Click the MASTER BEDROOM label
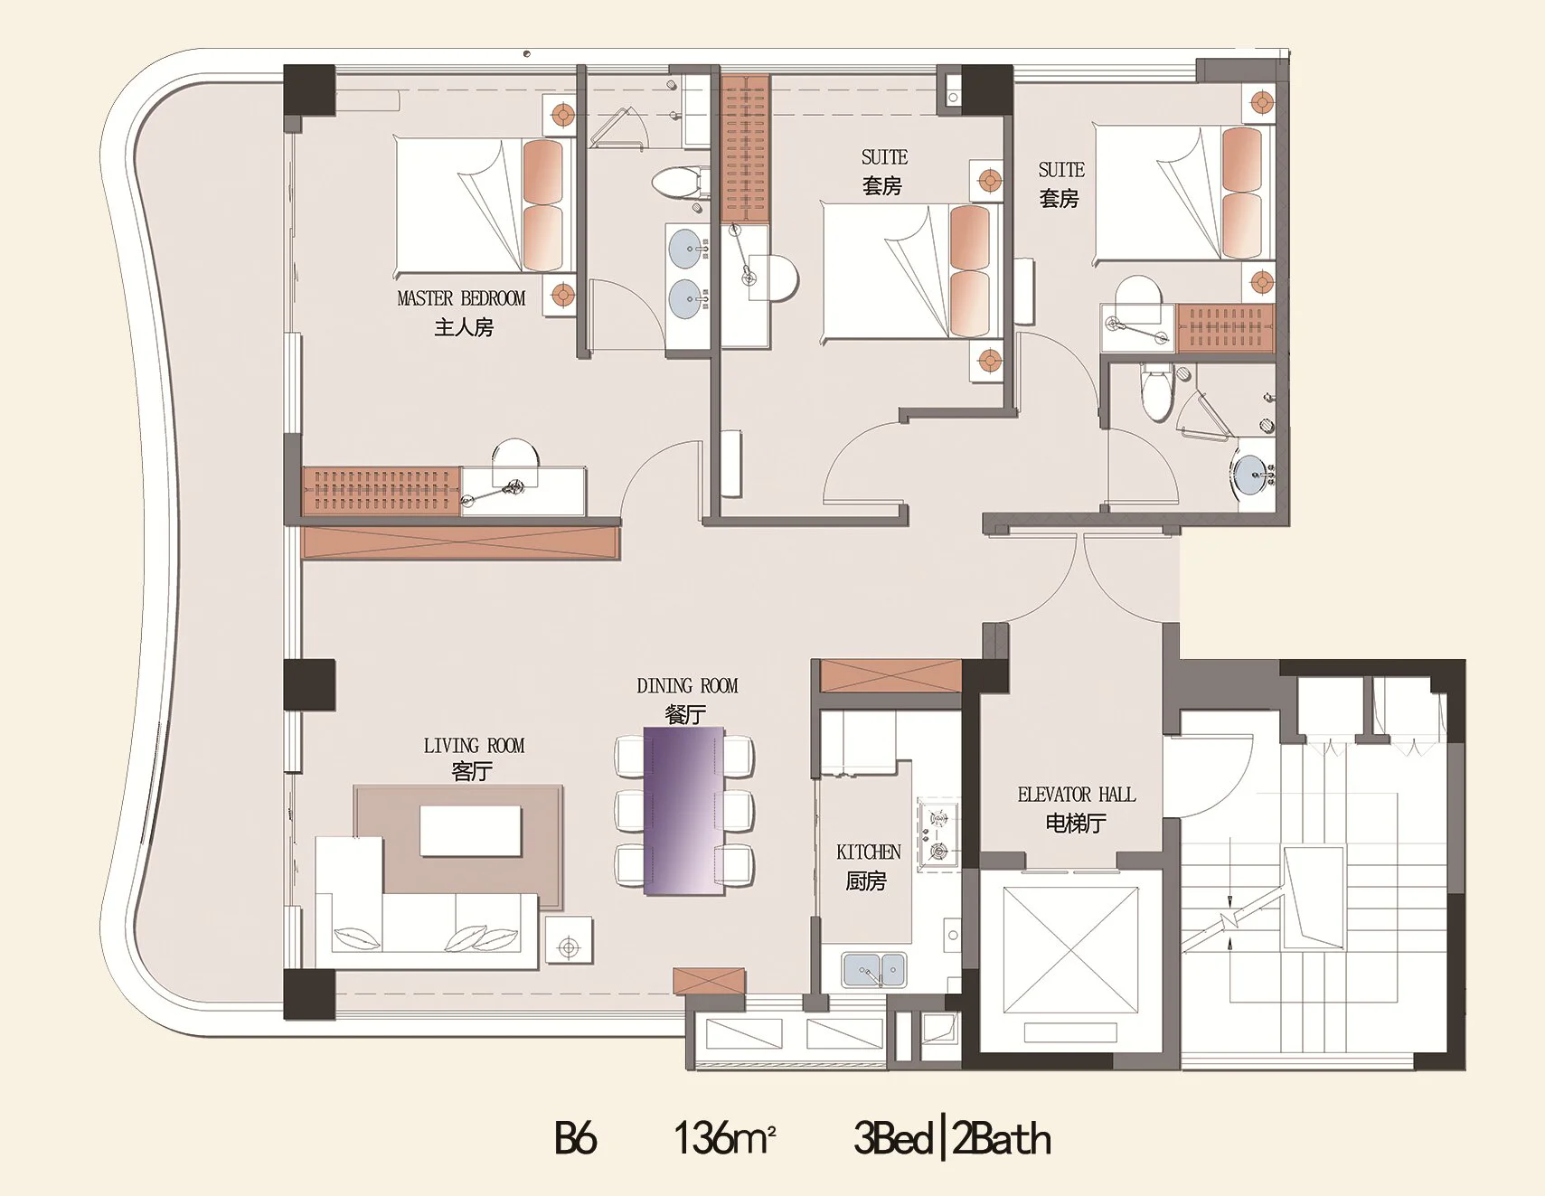(x=461, y=298)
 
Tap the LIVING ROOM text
(x=474, y=746)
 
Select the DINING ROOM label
(x=687, y=686)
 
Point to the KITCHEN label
(x=869, y=852)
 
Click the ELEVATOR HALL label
(x=1076, y=795)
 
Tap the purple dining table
(x=683, y=811)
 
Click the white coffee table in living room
(x=470, y=831)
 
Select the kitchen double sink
(x=873, y=970)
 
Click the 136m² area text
(x=725, y=1138)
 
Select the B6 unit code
(x=575, y=1138)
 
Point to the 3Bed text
(x=893, y=1138)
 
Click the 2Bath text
(x=1002, y=1138)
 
